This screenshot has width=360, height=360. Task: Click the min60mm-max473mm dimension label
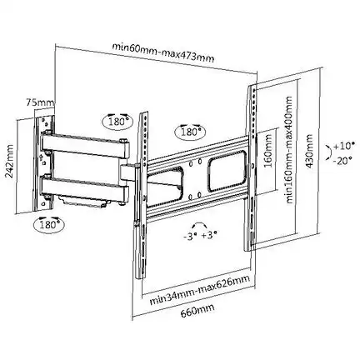[x=163, y=52]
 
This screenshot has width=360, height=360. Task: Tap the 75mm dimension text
[x=40, y=102]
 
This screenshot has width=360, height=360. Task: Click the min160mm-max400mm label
[x=289, y=150]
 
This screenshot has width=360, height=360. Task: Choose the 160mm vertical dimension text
[x=268, y=151]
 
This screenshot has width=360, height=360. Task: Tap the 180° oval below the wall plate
[x=49, y=225]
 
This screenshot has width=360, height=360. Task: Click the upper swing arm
[x=86, y=145]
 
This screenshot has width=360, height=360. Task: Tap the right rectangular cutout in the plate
[x=227, y=170]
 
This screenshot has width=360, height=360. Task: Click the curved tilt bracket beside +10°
[x=330, y=152]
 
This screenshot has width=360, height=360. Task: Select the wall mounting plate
[x=44, y=162]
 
